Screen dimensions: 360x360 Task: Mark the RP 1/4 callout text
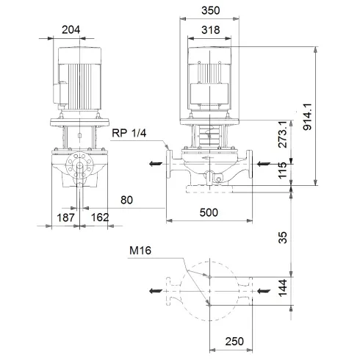[129, 134]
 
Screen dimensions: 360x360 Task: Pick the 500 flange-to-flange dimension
[210, 211]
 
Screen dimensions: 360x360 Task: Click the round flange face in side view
[77, 168]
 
